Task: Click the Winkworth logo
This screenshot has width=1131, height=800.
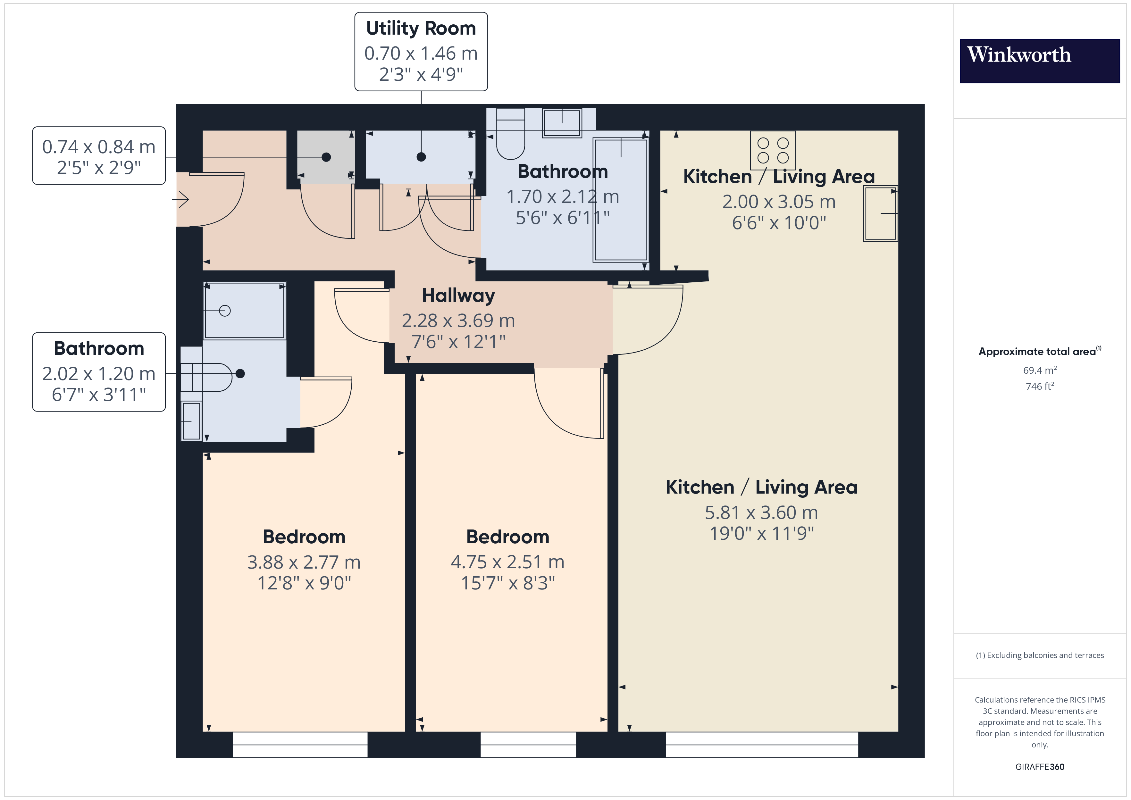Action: pos(1039,61)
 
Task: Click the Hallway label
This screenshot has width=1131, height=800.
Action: pos(458,296)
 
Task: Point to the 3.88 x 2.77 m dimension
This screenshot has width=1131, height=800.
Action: pos(304,562)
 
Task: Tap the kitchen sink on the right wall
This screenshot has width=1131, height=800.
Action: pos(880,213)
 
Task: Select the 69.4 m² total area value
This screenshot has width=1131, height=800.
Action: pos(1039,370)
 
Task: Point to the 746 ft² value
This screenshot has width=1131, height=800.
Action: pos(1039,386)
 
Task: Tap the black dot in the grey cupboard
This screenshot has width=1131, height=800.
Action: pos(326,157)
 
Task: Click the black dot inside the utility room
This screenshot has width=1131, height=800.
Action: pos(421,157)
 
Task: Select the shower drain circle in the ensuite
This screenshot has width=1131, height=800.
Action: pos(225,311)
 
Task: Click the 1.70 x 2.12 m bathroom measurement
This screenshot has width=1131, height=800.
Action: pos(563,196)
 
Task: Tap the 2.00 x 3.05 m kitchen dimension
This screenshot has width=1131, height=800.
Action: pos(779,202)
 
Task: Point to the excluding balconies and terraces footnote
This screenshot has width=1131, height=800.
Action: pos(1039,655)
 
